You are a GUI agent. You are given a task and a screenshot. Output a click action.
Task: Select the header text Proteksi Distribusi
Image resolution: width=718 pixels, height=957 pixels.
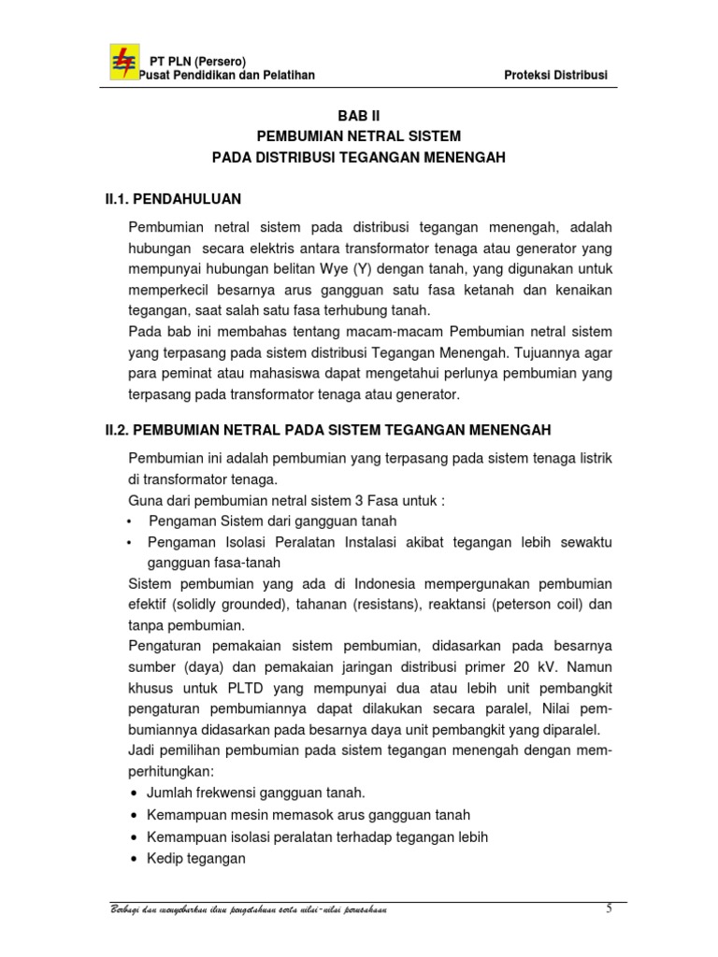pos(555,75)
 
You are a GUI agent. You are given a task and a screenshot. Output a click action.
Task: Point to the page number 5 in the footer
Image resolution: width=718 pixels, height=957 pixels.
pos(609,909)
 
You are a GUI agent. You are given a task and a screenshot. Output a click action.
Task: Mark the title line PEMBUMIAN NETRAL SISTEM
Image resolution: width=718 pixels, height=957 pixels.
pos(359,136)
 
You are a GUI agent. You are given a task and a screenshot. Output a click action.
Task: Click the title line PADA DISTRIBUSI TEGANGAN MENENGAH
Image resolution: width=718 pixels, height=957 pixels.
pos(359,158)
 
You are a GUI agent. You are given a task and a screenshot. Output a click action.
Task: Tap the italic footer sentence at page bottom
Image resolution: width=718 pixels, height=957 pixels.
pos(248,910)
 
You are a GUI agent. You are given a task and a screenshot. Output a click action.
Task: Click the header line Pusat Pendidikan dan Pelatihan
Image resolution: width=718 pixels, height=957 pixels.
pos(226,75)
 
